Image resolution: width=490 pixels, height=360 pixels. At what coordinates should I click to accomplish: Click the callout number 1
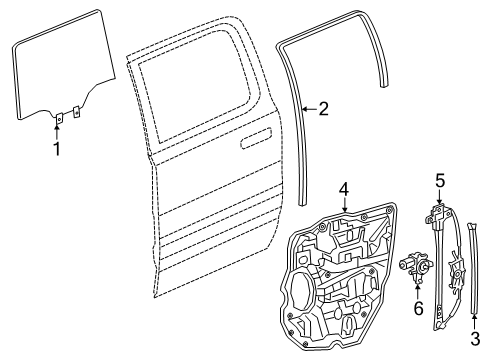coord(57,150)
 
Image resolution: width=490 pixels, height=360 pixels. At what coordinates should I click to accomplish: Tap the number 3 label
coord(474,339)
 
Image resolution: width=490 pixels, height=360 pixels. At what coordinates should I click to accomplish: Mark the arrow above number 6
coord(418,289)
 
